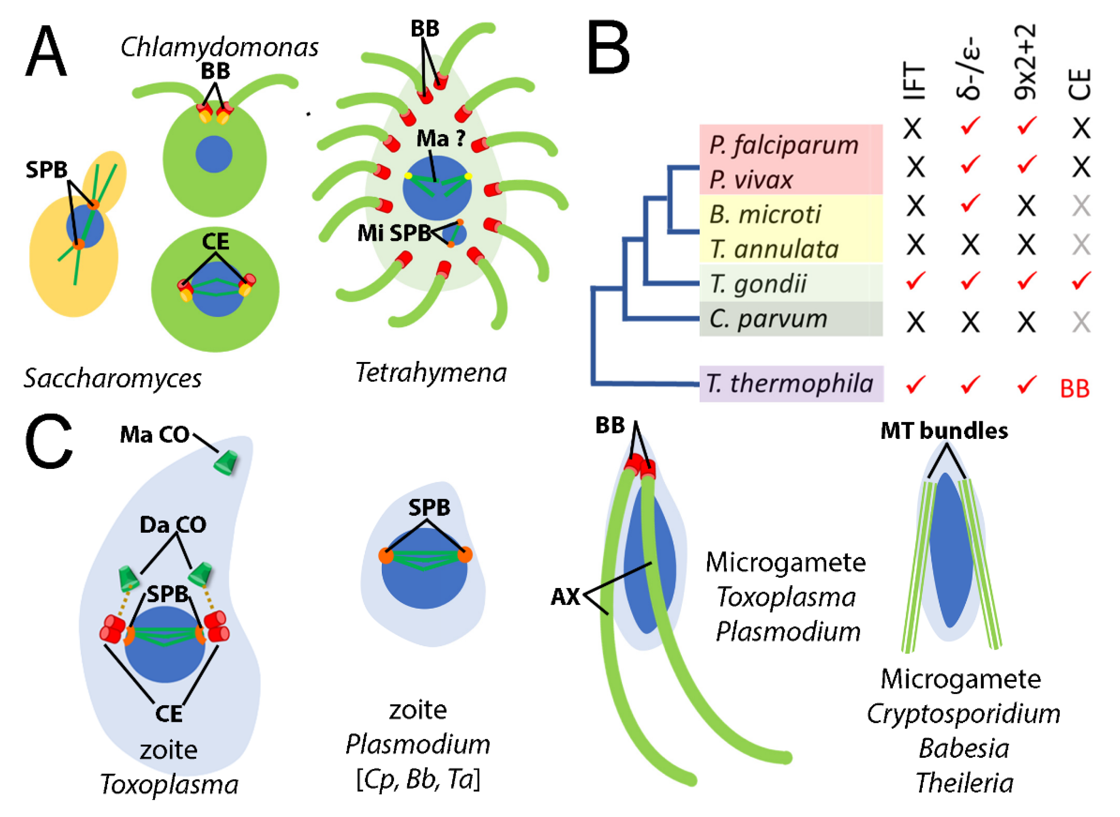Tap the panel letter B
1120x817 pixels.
609,48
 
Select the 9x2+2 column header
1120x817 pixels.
1025,62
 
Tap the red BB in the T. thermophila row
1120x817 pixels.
1075,389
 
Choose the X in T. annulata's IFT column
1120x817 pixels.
915,244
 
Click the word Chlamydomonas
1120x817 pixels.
219,48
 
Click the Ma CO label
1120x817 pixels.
155,435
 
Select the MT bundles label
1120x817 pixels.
944,431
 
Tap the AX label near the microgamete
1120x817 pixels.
565,597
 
